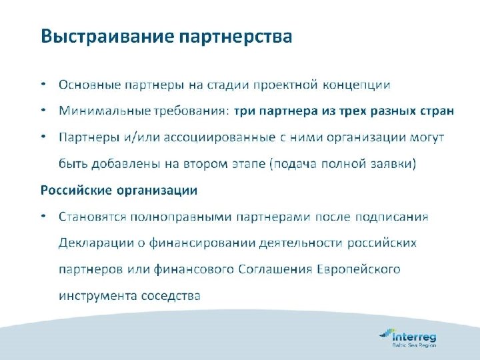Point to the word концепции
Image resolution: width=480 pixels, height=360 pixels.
[x=357, y=85]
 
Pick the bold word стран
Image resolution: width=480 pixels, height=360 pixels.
[x=437, y=111]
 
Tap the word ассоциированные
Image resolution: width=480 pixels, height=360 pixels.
[x=219, y=137]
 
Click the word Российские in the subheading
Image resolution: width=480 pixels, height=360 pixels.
[x=76, y=190]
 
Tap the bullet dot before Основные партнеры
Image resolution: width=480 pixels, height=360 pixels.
[x=43, y=85]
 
